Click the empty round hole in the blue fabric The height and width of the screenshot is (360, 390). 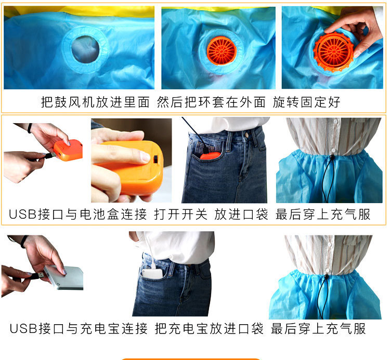[85, 48]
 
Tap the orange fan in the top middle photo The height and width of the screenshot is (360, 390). [222, 51]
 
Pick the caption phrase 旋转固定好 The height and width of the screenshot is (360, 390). [306, 102]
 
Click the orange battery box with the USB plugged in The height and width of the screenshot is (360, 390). [68, 150]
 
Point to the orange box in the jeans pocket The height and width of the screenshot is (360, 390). [211, 155]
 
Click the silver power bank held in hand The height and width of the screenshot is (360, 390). [63, 277]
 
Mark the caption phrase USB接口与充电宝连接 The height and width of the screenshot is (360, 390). [78, 329]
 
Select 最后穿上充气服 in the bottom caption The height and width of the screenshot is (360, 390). [318, 329]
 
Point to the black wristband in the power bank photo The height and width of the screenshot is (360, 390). [24, 241]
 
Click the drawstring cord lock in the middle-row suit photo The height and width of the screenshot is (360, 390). [331, 154]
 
